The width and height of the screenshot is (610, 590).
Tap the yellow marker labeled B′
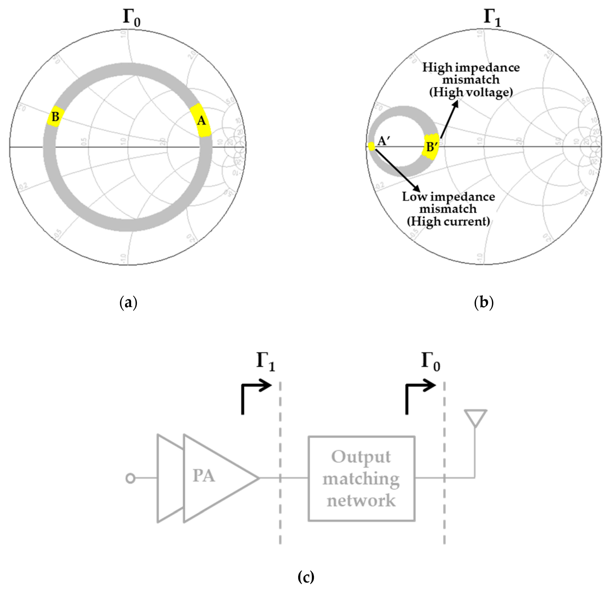431,146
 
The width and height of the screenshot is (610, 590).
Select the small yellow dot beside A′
371,146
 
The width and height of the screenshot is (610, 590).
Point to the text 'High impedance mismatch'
471,74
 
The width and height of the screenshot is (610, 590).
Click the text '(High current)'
448,222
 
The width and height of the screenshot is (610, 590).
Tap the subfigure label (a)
128,302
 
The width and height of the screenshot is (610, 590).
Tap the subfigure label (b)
483,302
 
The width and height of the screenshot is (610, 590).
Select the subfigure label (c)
306,577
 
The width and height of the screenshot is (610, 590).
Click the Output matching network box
361,478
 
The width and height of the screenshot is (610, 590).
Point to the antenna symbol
475,419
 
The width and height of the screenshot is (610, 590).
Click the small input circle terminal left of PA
130,478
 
